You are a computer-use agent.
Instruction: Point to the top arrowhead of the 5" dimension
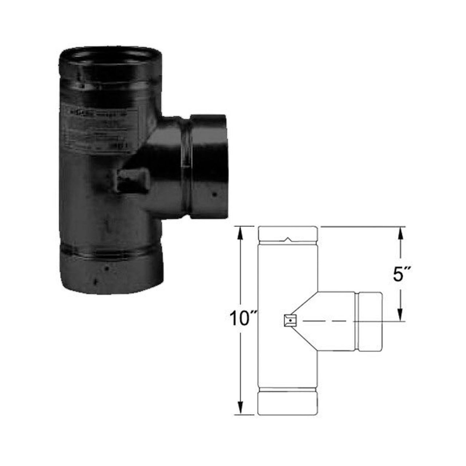click(400, 231)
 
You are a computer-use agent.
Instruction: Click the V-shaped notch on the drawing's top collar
click(288, 240)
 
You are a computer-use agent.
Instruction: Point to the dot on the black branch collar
click(214, 194)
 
